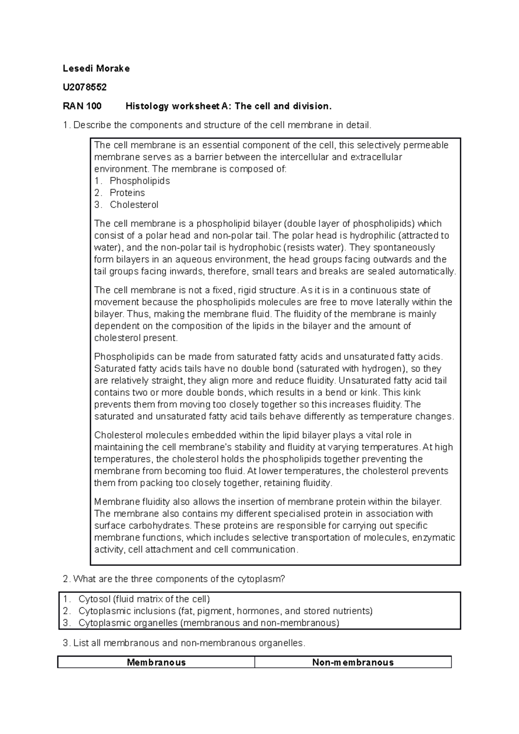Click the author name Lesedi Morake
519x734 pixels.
coord(96,68)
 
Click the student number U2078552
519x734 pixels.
coord(84,87)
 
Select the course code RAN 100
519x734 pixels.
coord(82,106)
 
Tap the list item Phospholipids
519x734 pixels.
coord(140,181)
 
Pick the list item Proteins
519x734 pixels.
coord(127,193)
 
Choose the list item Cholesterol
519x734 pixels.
coord(134,205)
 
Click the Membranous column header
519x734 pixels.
coord(156,662)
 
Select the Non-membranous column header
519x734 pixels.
coord(353,662)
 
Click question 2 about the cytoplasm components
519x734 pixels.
coord(174,579)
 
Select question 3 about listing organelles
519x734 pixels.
coord(184,643)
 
